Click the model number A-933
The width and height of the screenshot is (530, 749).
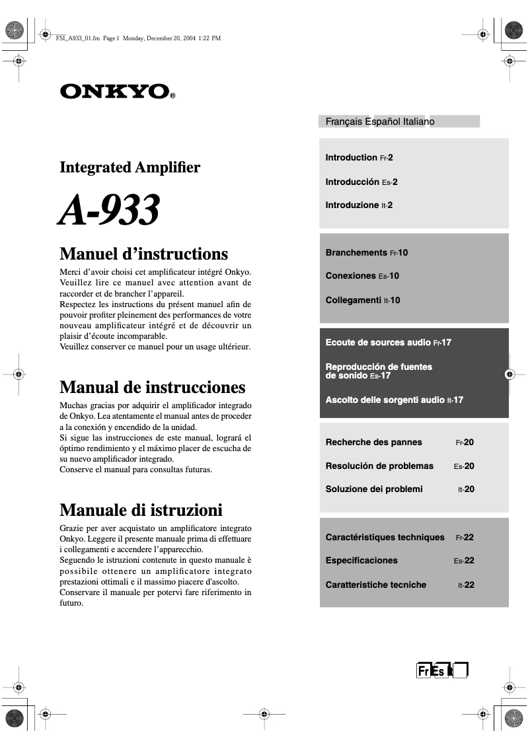(109, 211)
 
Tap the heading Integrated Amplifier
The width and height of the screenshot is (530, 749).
(130, 167)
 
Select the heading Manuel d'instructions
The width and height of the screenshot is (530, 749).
(143, 254)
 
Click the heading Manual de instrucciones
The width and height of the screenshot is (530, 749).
(152, 386)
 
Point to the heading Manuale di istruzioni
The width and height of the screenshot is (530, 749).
(141, 510)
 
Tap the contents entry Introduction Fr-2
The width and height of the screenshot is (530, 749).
(359, 158)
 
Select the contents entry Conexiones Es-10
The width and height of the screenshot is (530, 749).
(362, 276)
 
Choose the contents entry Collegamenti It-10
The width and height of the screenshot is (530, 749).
(363, 300)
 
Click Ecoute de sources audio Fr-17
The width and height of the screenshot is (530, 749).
(388, 342)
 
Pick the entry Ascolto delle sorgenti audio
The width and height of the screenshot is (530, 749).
(394, 400)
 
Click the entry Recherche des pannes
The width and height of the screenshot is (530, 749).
(373, 442)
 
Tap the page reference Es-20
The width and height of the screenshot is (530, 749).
(464, 466)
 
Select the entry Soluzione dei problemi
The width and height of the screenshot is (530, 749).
(373, 489)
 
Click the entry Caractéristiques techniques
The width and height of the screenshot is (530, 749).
(385, 537)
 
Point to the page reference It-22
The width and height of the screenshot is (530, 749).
(466, 585)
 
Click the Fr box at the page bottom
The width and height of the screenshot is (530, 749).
(423, 671)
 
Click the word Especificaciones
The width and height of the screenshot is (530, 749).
(361, 561)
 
